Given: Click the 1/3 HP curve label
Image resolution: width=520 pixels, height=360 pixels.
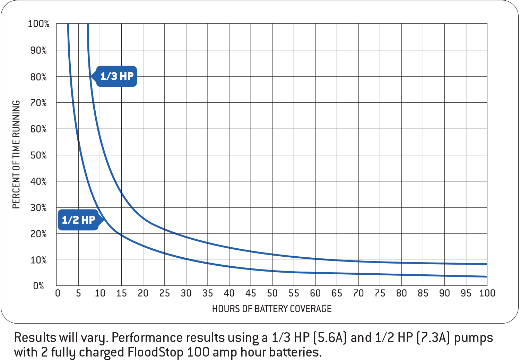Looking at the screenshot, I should click(116, 76).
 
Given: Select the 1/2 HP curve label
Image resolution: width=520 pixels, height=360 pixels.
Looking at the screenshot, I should click(78, 220).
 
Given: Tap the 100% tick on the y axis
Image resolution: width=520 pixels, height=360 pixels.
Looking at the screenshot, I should click(38, 24).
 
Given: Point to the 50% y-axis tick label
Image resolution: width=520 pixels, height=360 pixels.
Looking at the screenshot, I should click(38, 155).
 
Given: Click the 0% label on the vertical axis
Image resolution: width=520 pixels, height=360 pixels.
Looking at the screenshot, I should click(38, 286).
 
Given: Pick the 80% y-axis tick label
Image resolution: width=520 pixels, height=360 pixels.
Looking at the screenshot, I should click(38, 77).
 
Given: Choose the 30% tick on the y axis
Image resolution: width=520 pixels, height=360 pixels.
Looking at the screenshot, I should click(38, 208).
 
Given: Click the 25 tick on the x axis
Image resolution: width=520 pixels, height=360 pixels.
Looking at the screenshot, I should click(165, 293).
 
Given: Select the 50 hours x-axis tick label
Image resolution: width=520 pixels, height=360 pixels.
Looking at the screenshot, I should click(272, 293).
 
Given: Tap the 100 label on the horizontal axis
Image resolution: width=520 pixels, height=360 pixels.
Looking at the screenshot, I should click(487, 293).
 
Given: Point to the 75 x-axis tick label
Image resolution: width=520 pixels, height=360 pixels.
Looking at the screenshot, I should click(380, 293).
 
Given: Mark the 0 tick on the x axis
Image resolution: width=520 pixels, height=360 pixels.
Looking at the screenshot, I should click(58, 293).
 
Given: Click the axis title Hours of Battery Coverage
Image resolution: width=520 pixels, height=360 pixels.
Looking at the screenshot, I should click(272, 309).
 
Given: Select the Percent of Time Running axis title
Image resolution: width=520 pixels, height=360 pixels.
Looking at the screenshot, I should click(16, 155).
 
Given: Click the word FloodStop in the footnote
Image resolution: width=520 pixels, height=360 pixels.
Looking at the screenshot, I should click(155, 352).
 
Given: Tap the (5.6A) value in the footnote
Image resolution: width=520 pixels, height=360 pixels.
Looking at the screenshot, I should click(330, 337).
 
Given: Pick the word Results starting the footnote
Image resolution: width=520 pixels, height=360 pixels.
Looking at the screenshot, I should click(35, 337).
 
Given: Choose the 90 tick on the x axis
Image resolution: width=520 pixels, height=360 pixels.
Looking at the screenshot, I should click(444, 293).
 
